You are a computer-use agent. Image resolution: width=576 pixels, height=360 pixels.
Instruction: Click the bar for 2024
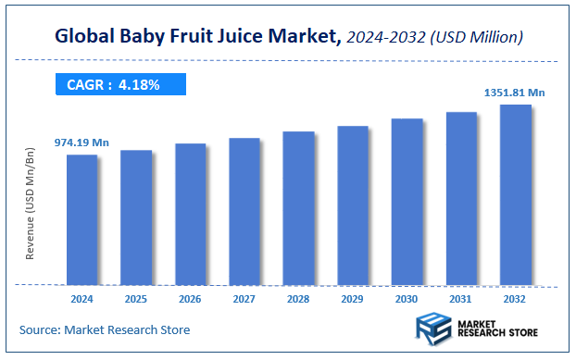(x=81, y=219)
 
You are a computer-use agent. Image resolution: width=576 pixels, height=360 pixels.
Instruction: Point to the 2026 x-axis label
(x=190, y=299)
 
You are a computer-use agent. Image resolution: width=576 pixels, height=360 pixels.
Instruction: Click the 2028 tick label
(x=298, y=299)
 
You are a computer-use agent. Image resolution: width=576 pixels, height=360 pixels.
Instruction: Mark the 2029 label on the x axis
(x=353, y=299)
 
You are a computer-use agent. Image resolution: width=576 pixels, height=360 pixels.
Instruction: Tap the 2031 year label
(x=461, y=299)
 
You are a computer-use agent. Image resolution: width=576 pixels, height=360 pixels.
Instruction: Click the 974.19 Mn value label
(x=81, y=143)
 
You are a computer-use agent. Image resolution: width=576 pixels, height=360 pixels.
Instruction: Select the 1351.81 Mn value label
(x=515, y=93)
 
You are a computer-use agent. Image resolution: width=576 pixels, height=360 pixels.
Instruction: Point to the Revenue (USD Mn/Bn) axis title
(x=30, y=203)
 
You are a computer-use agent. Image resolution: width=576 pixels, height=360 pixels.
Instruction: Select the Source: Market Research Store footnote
(x=105, y=329)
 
